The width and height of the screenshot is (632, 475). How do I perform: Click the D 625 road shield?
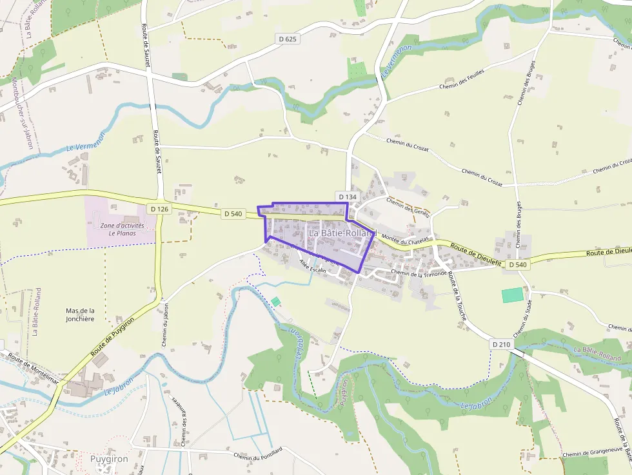(x=288, y=39)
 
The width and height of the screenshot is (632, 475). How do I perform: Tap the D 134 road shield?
(x=346, y=197)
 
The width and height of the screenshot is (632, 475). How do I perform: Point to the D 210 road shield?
(x=501, y=345)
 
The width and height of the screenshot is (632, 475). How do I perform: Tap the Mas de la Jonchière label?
(x=80, y=315)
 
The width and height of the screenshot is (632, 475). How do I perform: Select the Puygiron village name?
(x=109, y=459)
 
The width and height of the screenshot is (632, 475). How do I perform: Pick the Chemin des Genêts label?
(x=408, y=208)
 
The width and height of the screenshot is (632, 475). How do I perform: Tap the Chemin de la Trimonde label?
(x=419, y=273)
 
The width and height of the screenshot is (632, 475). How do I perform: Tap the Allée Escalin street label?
(x=313, y=268)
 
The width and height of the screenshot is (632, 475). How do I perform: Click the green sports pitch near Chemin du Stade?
(x=513, y=295)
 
